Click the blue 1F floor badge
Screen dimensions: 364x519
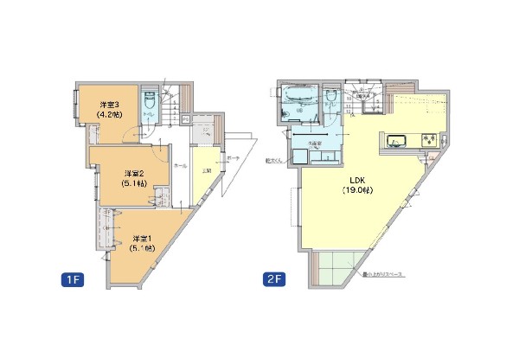click(x=72, y=281)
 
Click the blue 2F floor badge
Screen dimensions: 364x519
click(x=273, y=281)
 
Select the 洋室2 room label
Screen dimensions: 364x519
click(x=131, y=173)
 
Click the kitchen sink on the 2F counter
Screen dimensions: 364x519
click(x=399, y=140)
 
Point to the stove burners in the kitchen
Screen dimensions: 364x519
click(x=427, y=139)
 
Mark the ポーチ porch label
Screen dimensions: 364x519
click(x=232, y=159)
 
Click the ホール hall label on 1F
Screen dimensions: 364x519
click(x=180, y=164)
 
